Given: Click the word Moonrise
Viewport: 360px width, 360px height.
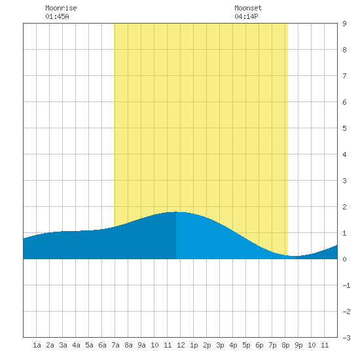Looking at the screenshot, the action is (x=61, y=8).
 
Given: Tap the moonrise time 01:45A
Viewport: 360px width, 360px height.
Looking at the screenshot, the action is (x=57, y=16).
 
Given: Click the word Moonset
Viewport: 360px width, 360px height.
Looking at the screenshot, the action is (x=248, y=8).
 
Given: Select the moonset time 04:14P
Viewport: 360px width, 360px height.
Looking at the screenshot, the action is (x=246, y=16).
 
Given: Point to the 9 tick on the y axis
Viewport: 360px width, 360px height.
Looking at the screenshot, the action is (x=344, y=24).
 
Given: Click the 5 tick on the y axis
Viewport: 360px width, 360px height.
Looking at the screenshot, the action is (x=344, y=128).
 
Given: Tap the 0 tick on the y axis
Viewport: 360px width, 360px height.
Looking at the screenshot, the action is (x=344, y=259).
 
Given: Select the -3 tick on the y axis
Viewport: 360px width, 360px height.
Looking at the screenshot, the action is (x=346, y=338).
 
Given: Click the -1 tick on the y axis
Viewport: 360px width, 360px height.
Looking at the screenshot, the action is (x=346, y=285).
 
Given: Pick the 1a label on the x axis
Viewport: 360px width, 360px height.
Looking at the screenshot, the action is (x=37, y=345).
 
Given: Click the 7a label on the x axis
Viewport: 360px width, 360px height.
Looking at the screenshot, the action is (x=115, y=345).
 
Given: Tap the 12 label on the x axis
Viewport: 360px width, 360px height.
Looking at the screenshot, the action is (x=181, y=345).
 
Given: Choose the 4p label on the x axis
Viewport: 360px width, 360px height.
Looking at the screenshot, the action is (x=233, y=345).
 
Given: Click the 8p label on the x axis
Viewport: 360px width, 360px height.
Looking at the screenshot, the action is (x=285, y=345).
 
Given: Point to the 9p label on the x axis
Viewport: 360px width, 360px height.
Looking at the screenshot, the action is (x=298, y=345).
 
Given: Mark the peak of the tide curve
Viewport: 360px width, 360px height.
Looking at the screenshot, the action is (x=176, y=211).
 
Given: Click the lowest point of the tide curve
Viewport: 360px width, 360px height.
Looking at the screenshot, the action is (x=294, y=256).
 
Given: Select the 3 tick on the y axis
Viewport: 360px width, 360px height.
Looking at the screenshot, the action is (x=344, y=181).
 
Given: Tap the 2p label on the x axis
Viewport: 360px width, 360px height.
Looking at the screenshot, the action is (x=207, y=345).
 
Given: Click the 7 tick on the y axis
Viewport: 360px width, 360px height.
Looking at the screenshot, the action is (x=344, y=76).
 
